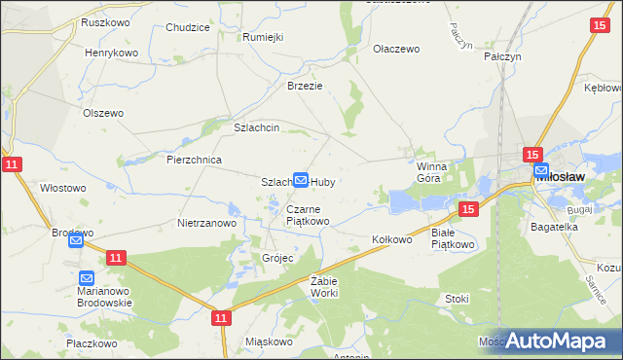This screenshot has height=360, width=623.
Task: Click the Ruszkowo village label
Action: tap(107, 21)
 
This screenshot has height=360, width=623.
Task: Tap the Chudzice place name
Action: tap(188, 27)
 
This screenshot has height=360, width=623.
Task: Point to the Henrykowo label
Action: tap(111, 53)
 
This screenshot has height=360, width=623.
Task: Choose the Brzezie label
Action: tap(304, 86)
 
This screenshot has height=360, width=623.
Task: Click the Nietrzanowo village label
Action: tap(207, 223)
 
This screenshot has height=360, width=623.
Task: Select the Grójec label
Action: tap(277, 258)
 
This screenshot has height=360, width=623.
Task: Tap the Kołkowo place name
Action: tap(393, 238)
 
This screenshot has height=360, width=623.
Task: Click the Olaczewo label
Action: tap(395, 48)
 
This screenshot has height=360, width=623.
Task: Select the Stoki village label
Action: tap(457, 299)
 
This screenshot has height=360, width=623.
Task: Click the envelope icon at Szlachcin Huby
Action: tap(302, 180)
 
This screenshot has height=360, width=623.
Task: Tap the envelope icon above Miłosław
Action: tap(541, 170)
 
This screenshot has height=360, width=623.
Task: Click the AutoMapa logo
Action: tap(555, 340)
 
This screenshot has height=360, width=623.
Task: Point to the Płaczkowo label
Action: tap(92, 343)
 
